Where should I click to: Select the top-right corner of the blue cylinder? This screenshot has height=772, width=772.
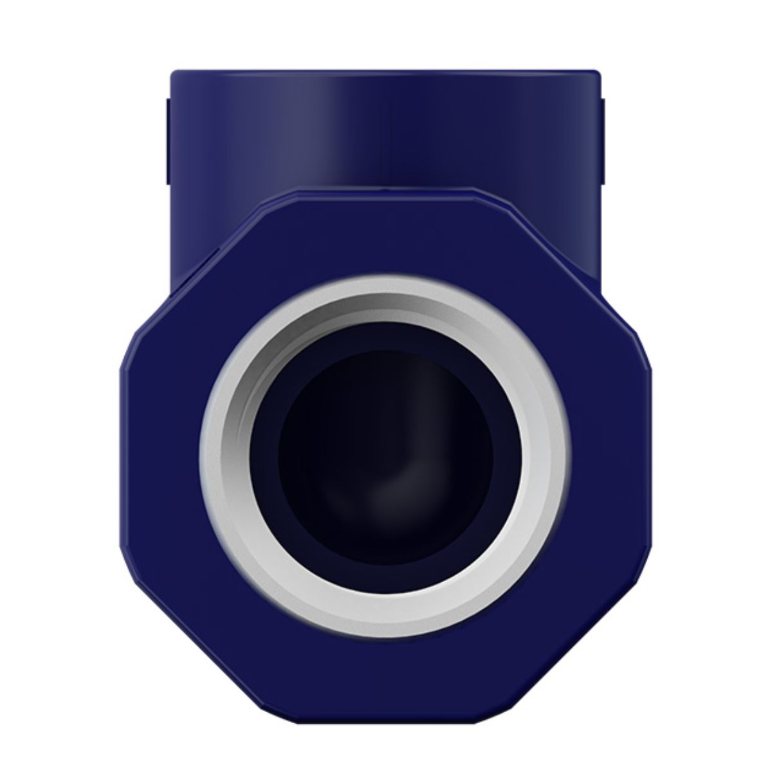[x=600, y=72]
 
